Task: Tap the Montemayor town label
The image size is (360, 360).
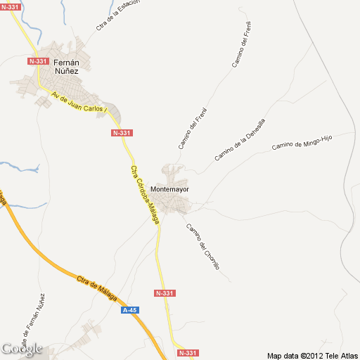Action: (169, 190)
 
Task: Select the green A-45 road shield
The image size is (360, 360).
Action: (129, 309)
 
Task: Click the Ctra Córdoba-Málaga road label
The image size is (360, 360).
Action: (145, 195)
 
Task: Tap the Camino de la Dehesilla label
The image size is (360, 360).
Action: (240, 139)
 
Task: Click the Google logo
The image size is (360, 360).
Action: (21, 349)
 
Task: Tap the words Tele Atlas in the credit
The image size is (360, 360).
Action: (340, 355)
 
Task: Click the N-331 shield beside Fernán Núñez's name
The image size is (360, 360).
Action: (38, 61)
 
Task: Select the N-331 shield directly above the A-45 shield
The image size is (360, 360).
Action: (164, 292)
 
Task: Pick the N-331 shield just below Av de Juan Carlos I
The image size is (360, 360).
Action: (122, 133)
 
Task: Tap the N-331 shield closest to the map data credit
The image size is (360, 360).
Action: (188, 353)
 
